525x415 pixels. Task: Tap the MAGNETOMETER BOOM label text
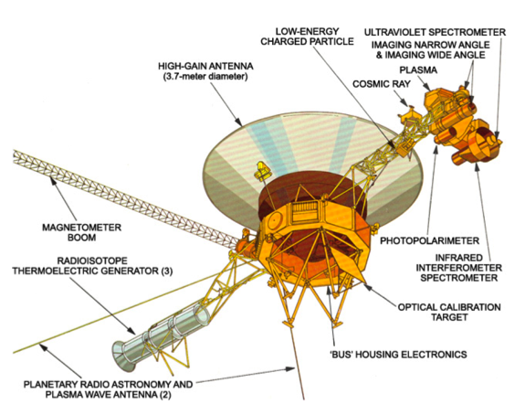pyautogui.click(x=81, y=232)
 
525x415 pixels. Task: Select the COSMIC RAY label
pyautogui.click(x=382, y=84)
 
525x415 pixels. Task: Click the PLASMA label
pyautogui.click(x=418, y=70)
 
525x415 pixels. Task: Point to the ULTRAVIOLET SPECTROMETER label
pyautogui.click(x=435, y=32)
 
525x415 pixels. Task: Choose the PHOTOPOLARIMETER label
pyautogui.click(x=429, y=240)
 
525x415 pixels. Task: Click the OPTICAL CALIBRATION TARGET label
pyautogui.click(x=449, y=312)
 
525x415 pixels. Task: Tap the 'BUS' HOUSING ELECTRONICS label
pyautogui.click(x=398, y=354)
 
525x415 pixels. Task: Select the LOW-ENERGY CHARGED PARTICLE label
pyautogui.click(x=307, y=37)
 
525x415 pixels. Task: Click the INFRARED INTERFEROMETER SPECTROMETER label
pyautogui.click(x=458, y=268)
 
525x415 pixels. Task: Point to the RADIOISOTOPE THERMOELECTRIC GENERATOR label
pyautogui.click(x=92, y=265)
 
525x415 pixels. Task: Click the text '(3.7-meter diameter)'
pyautogui.click(x=205, y=77)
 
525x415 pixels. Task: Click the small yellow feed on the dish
pyautogui.click(x=262, y=171)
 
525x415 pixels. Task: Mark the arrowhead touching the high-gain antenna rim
pyautogui.click(x=238, y=122)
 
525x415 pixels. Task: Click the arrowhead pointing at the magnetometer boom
pyautogui.click(x=53, y=181)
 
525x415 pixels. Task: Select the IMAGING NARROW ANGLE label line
pyautogui.click(x=430, y=45)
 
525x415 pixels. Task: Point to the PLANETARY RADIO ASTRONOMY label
pyautogui.click(x=108, y=384)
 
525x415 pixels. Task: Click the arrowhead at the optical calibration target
pyautogui.click(x=367, y=287)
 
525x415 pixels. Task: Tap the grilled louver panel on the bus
pyautogui.click(x=304, y=212)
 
